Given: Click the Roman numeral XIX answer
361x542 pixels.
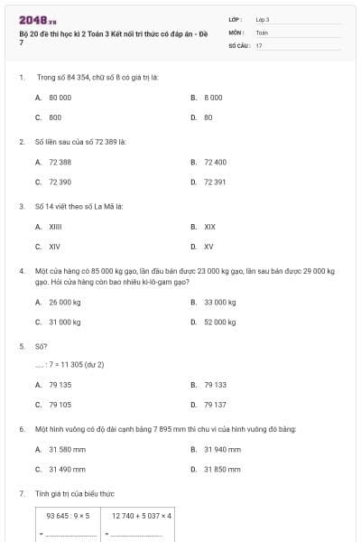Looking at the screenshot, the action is pos(209,226).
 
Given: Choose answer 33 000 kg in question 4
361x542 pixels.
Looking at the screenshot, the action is pos(219,302).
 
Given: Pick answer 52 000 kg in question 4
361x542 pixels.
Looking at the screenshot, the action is pos(219,322).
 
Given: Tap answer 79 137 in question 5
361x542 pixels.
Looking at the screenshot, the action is pos(215,405).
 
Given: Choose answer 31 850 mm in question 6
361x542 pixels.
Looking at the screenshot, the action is pos(222,469).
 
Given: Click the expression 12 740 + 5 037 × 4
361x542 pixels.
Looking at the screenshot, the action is pos(142,515).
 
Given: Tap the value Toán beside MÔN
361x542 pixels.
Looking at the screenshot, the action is pos(262,32).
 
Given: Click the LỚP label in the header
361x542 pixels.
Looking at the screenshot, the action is pos(236,19).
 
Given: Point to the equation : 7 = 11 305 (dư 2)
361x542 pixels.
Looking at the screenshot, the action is pos(70,364).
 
